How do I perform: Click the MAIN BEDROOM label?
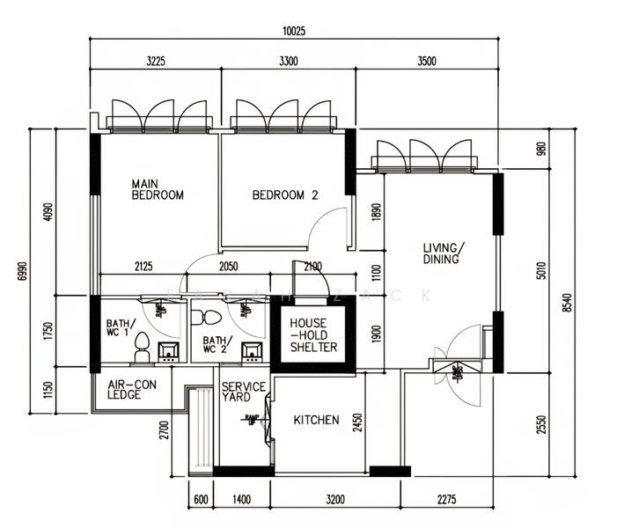click(x=158, y=189)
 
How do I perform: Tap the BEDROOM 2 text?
click(x=284, y=195)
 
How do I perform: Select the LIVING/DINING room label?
click(x=444, y=253)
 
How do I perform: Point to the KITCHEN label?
click(x=316, y=421)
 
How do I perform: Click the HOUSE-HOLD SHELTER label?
click(x=314, y=335)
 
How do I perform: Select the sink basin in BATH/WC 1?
click(x=168, y=353)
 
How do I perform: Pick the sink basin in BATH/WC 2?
click(x=252, y=353)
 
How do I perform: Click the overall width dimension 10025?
click(x=293, y=32)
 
